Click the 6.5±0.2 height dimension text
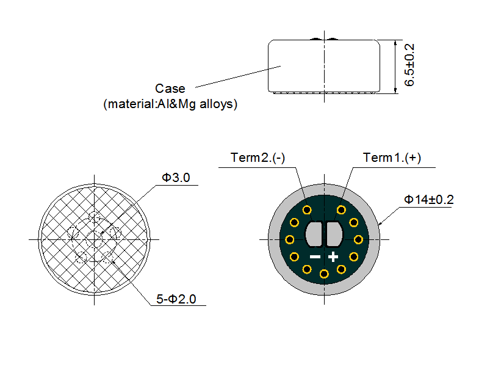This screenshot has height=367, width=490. pyautogui.click(x=409, y=65)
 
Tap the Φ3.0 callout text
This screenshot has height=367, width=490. pyautogui.click(x=176, y=178)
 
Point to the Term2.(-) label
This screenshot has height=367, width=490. pyautogui.click(x=258, y=158)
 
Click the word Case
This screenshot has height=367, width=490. pyautogui.click(x=170, y=89)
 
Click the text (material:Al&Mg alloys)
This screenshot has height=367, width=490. pyautogui.click(x=170, y=104)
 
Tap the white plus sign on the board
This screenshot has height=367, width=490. pyautogui.click(x=333, y=256)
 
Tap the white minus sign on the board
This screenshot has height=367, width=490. pyautogui.click(x=315, y=256)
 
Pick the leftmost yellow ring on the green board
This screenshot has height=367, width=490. pyautogui.click(x=290, y=239)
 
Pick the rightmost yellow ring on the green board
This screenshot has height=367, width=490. pyautogui.click(x=359, y=239)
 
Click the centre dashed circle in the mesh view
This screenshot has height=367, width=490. pyautogui.click(x=95, y=239)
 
